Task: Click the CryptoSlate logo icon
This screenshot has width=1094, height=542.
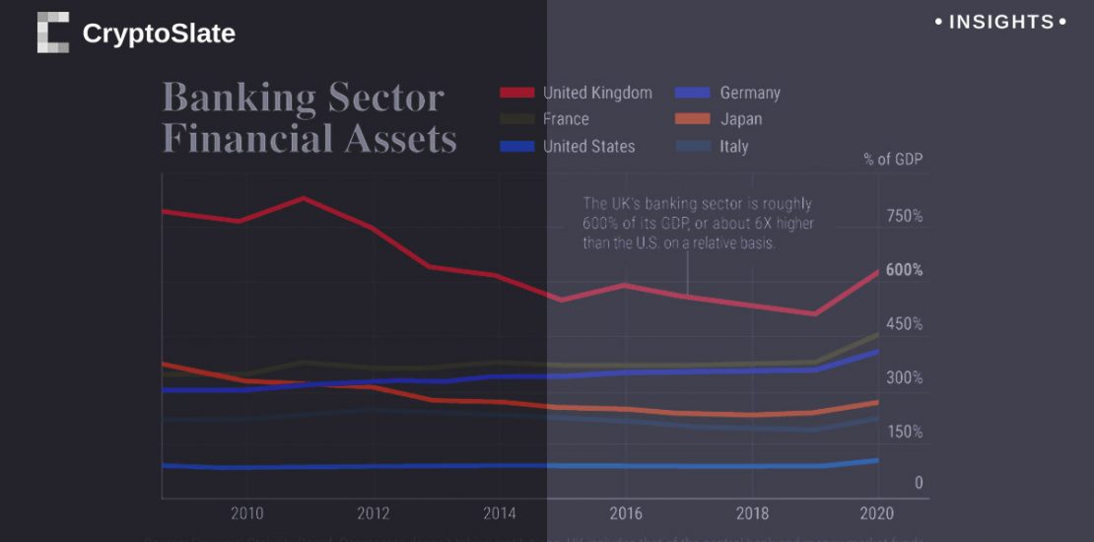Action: click(53, 33)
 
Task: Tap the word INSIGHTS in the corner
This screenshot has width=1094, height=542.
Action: click(1000, 22)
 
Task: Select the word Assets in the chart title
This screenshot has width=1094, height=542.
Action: click(400, 139)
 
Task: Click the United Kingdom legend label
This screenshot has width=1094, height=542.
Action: click(597, 93)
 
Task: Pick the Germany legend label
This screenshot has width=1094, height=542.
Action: click(750, 93)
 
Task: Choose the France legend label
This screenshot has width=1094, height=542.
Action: click(566, 119)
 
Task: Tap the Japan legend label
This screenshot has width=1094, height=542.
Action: click(740, 119)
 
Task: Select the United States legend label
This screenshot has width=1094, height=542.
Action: click(588, 146)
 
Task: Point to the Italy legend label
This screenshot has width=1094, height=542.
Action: click(733, 146)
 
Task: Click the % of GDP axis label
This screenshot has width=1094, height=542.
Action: click(893, 159)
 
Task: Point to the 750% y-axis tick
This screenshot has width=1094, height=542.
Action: click(904, 216)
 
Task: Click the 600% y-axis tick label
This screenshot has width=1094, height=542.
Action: click(904, 270)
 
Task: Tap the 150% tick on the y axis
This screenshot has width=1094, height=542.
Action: click(904, 432)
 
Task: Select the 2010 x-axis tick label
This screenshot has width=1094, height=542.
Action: click(246, 513)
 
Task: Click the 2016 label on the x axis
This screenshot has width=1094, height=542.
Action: click(626, 513)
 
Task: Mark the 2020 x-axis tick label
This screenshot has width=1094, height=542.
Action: click(877, 513)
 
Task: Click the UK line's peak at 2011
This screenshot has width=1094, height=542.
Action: click(303, 198)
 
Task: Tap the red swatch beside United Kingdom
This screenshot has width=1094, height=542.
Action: click(516, 93)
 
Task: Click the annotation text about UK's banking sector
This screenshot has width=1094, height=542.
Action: click(698, 223)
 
